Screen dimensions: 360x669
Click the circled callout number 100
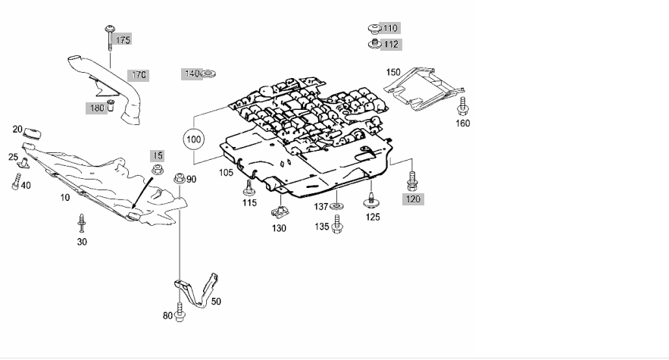pos(195,140)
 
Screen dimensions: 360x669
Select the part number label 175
pos(123,39)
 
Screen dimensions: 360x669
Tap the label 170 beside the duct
pos(139,75)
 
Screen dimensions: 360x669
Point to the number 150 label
pos(393,72)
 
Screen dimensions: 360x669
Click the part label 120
pos(412,199)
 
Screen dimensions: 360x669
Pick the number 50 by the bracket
pos(216,302)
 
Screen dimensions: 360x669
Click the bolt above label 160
pos(461,104)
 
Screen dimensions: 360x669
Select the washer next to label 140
pos(208,74)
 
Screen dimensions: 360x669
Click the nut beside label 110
pos(373,30)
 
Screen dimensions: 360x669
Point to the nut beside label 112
pos(373,45)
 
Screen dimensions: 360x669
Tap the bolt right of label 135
pos(338,226)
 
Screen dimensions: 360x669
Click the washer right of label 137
pos(337,206)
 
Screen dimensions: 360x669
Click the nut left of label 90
pos(179,179)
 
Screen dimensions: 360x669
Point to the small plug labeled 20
pos(31,133)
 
